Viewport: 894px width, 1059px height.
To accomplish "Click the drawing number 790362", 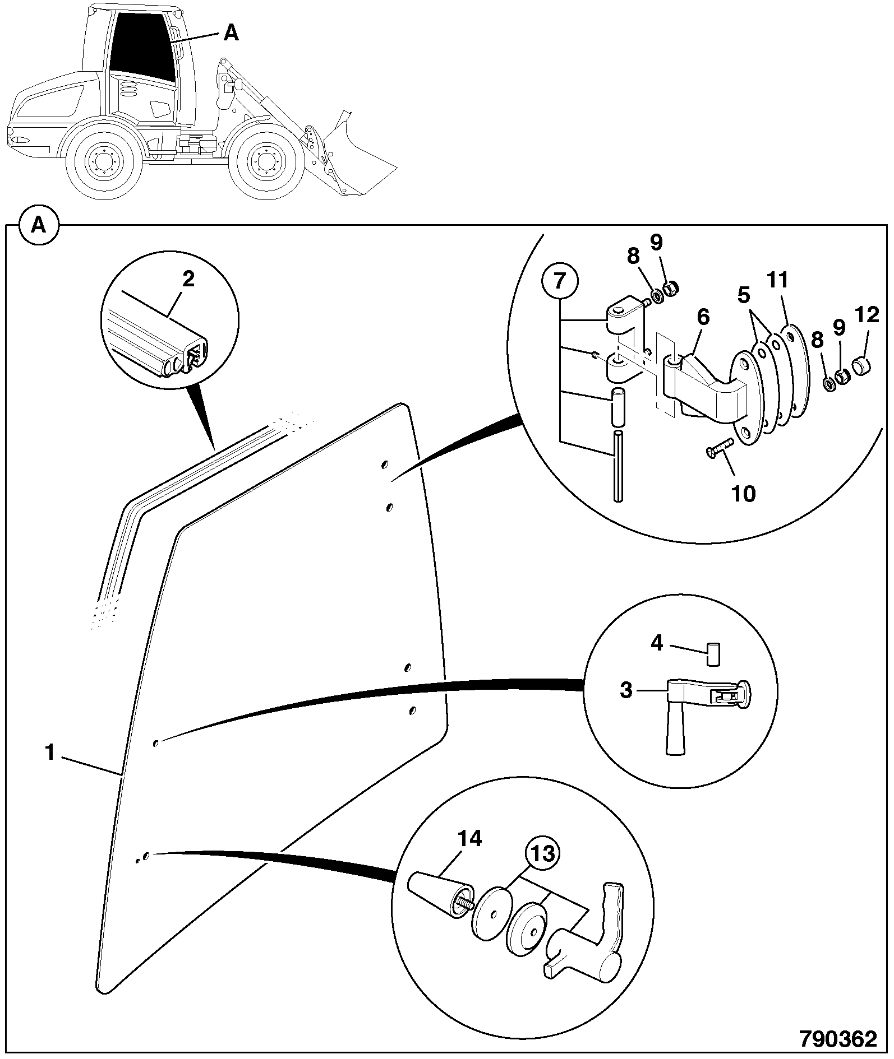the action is click(838, 1038).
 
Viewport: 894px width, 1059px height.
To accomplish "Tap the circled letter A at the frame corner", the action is click(38, 225).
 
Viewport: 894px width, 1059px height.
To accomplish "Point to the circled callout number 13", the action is click(543, 854).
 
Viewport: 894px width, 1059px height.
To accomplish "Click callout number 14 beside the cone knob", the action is click(469, 839).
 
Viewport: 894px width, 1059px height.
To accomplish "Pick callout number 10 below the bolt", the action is click(744, 494).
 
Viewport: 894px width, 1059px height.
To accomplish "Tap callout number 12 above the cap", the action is click(868, 315).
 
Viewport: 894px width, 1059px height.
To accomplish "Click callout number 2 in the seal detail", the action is click(188, 279).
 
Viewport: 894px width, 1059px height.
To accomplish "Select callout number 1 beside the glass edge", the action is click(50, 753).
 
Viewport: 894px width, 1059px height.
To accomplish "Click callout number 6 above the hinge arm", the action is click(703, 317).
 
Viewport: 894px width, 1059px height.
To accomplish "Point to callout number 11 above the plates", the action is click(778, 280).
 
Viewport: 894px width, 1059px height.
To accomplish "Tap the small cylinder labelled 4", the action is click(714, 654).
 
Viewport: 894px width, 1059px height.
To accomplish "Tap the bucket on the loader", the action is click(350, 157).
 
